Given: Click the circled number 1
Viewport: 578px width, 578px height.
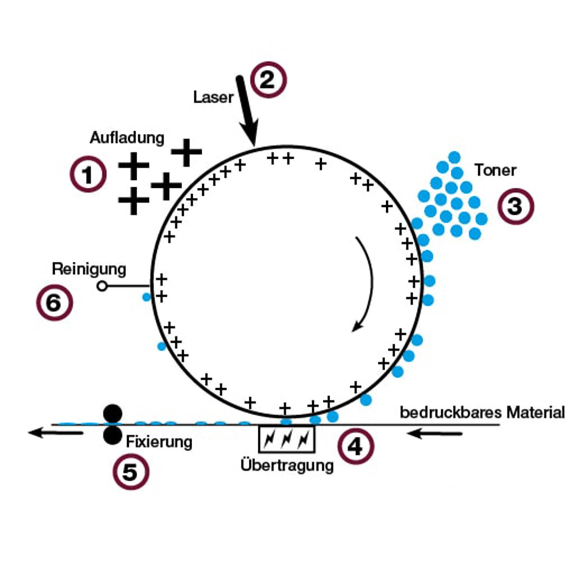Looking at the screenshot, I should pos(88,174).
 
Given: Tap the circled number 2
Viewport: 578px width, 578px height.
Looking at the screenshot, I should pos(269,80).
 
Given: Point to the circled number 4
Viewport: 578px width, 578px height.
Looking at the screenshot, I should pos(356,446).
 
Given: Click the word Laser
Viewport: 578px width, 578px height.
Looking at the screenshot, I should pos(213,98).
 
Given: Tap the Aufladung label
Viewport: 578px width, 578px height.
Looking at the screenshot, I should pos(127,138).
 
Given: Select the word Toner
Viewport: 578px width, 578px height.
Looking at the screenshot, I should pos(495,170).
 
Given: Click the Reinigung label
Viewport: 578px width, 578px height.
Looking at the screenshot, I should pos(89,269).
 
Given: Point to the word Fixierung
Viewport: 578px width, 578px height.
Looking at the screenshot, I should pos(159,442).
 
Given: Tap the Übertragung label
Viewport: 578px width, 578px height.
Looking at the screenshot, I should pos(287,466).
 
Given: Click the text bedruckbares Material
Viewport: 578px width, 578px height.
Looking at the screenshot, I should pos(482,412).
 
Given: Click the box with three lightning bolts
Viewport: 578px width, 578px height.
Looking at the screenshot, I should pos(286,439).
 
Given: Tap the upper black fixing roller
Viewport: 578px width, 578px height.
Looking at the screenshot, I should pos(113,414).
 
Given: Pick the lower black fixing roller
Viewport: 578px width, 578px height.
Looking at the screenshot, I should pos(112,435).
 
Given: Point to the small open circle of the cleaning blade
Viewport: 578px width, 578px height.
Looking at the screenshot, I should pos(102,286).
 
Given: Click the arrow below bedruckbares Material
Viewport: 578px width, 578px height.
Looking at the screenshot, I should pos(435,434).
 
